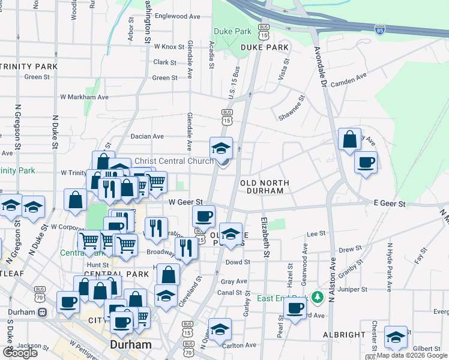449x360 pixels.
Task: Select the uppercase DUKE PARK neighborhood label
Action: coord(265,47)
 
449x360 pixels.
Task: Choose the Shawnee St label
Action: coord(292,110)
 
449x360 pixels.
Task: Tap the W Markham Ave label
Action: coord(84,97)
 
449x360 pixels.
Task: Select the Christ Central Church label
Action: coord(173,161)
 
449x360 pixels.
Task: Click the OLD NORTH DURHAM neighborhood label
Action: coord(265,187)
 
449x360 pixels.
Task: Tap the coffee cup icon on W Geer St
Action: coord(203,215)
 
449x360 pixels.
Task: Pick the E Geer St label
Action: coord(390,205)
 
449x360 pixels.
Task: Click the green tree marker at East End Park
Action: coord(319,296)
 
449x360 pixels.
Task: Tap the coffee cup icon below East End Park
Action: coord(295,308)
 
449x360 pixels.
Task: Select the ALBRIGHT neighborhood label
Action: coord(343,334)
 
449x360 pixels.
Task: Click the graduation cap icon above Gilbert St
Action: coord(396,337)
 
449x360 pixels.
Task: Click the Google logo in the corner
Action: coord(20,352)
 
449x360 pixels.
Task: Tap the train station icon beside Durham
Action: coord(42,312)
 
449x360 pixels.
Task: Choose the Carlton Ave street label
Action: coord(240,345)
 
